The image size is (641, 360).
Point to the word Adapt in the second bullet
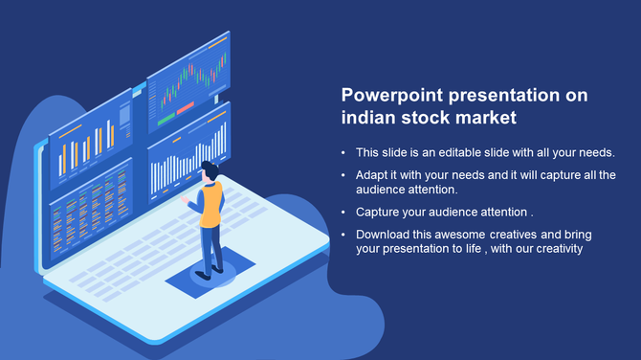(x=372, y=175)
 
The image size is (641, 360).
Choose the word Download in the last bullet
(x=383, y=234)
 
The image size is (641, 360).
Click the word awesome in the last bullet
(x=461, y=234)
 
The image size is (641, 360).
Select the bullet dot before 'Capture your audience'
(x=343, y=212)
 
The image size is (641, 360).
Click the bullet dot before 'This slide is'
(x=343, y=153)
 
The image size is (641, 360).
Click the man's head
(x=210, y=171)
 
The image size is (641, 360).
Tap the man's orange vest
(x=210, y=205)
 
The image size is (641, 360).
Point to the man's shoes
(x=212, y=272)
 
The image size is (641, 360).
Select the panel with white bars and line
(x=189, y=153)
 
